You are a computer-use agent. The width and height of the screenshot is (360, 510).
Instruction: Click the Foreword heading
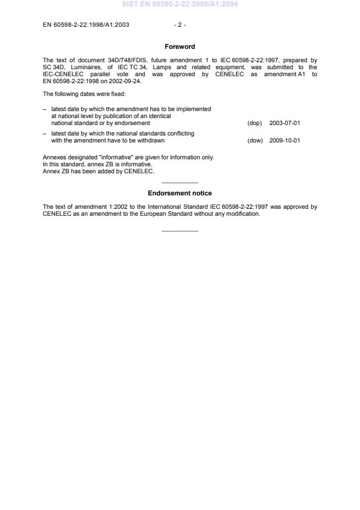pos(180,47)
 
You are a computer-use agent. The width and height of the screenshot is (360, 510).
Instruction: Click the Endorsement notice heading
pos(180,193)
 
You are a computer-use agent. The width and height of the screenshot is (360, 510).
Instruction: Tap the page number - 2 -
pos(180,24)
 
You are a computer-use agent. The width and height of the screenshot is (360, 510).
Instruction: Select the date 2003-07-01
pos(284,123)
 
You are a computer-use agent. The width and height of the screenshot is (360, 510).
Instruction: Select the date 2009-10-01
pos(284,140)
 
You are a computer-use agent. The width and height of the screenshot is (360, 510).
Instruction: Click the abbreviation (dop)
pos(255,123)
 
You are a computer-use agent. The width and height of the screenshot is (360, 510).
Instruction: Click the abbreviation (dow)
pos(255,140)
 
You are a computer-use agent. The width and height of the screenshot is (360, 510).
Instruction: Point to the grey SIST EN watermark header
pos(180,4)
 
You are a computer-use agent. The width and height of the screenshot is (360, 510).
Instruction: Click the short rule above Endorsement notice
pos(180,183)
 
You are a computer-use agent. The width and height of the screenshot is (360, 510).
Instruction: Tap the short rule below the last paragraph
pos(180,231)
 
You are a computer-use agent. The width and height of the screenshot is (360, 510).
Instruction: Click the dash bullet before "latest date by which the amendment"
pos(45,109)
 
